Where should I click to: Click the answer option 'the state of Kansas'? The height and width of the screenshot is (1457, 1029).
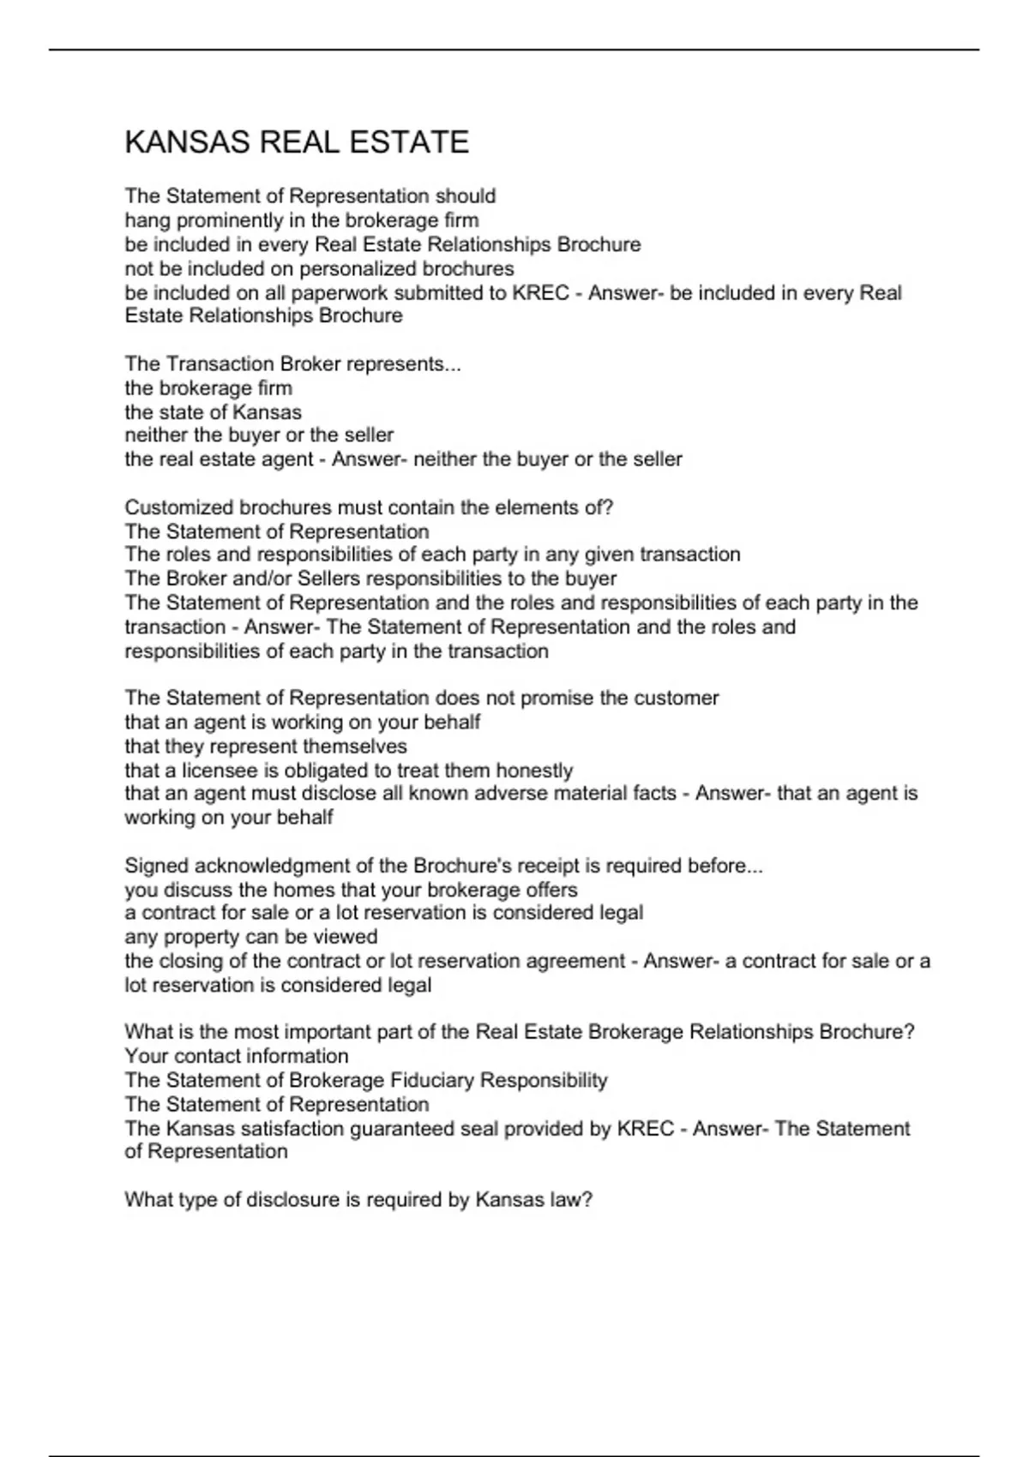click(x=213, y=412)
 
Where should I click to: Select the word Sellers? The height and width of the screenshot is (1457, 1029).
click(x=328, y=579)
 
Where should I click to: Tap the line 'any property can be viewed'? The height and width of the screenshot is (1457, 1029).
click(x=250, y=937)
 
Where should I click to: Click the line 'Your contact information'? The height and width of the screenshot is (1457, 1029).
click(x=237, y=1056)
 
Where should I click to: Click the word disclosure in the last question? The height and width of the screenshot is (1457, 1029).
click(x=293, y=1200)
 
